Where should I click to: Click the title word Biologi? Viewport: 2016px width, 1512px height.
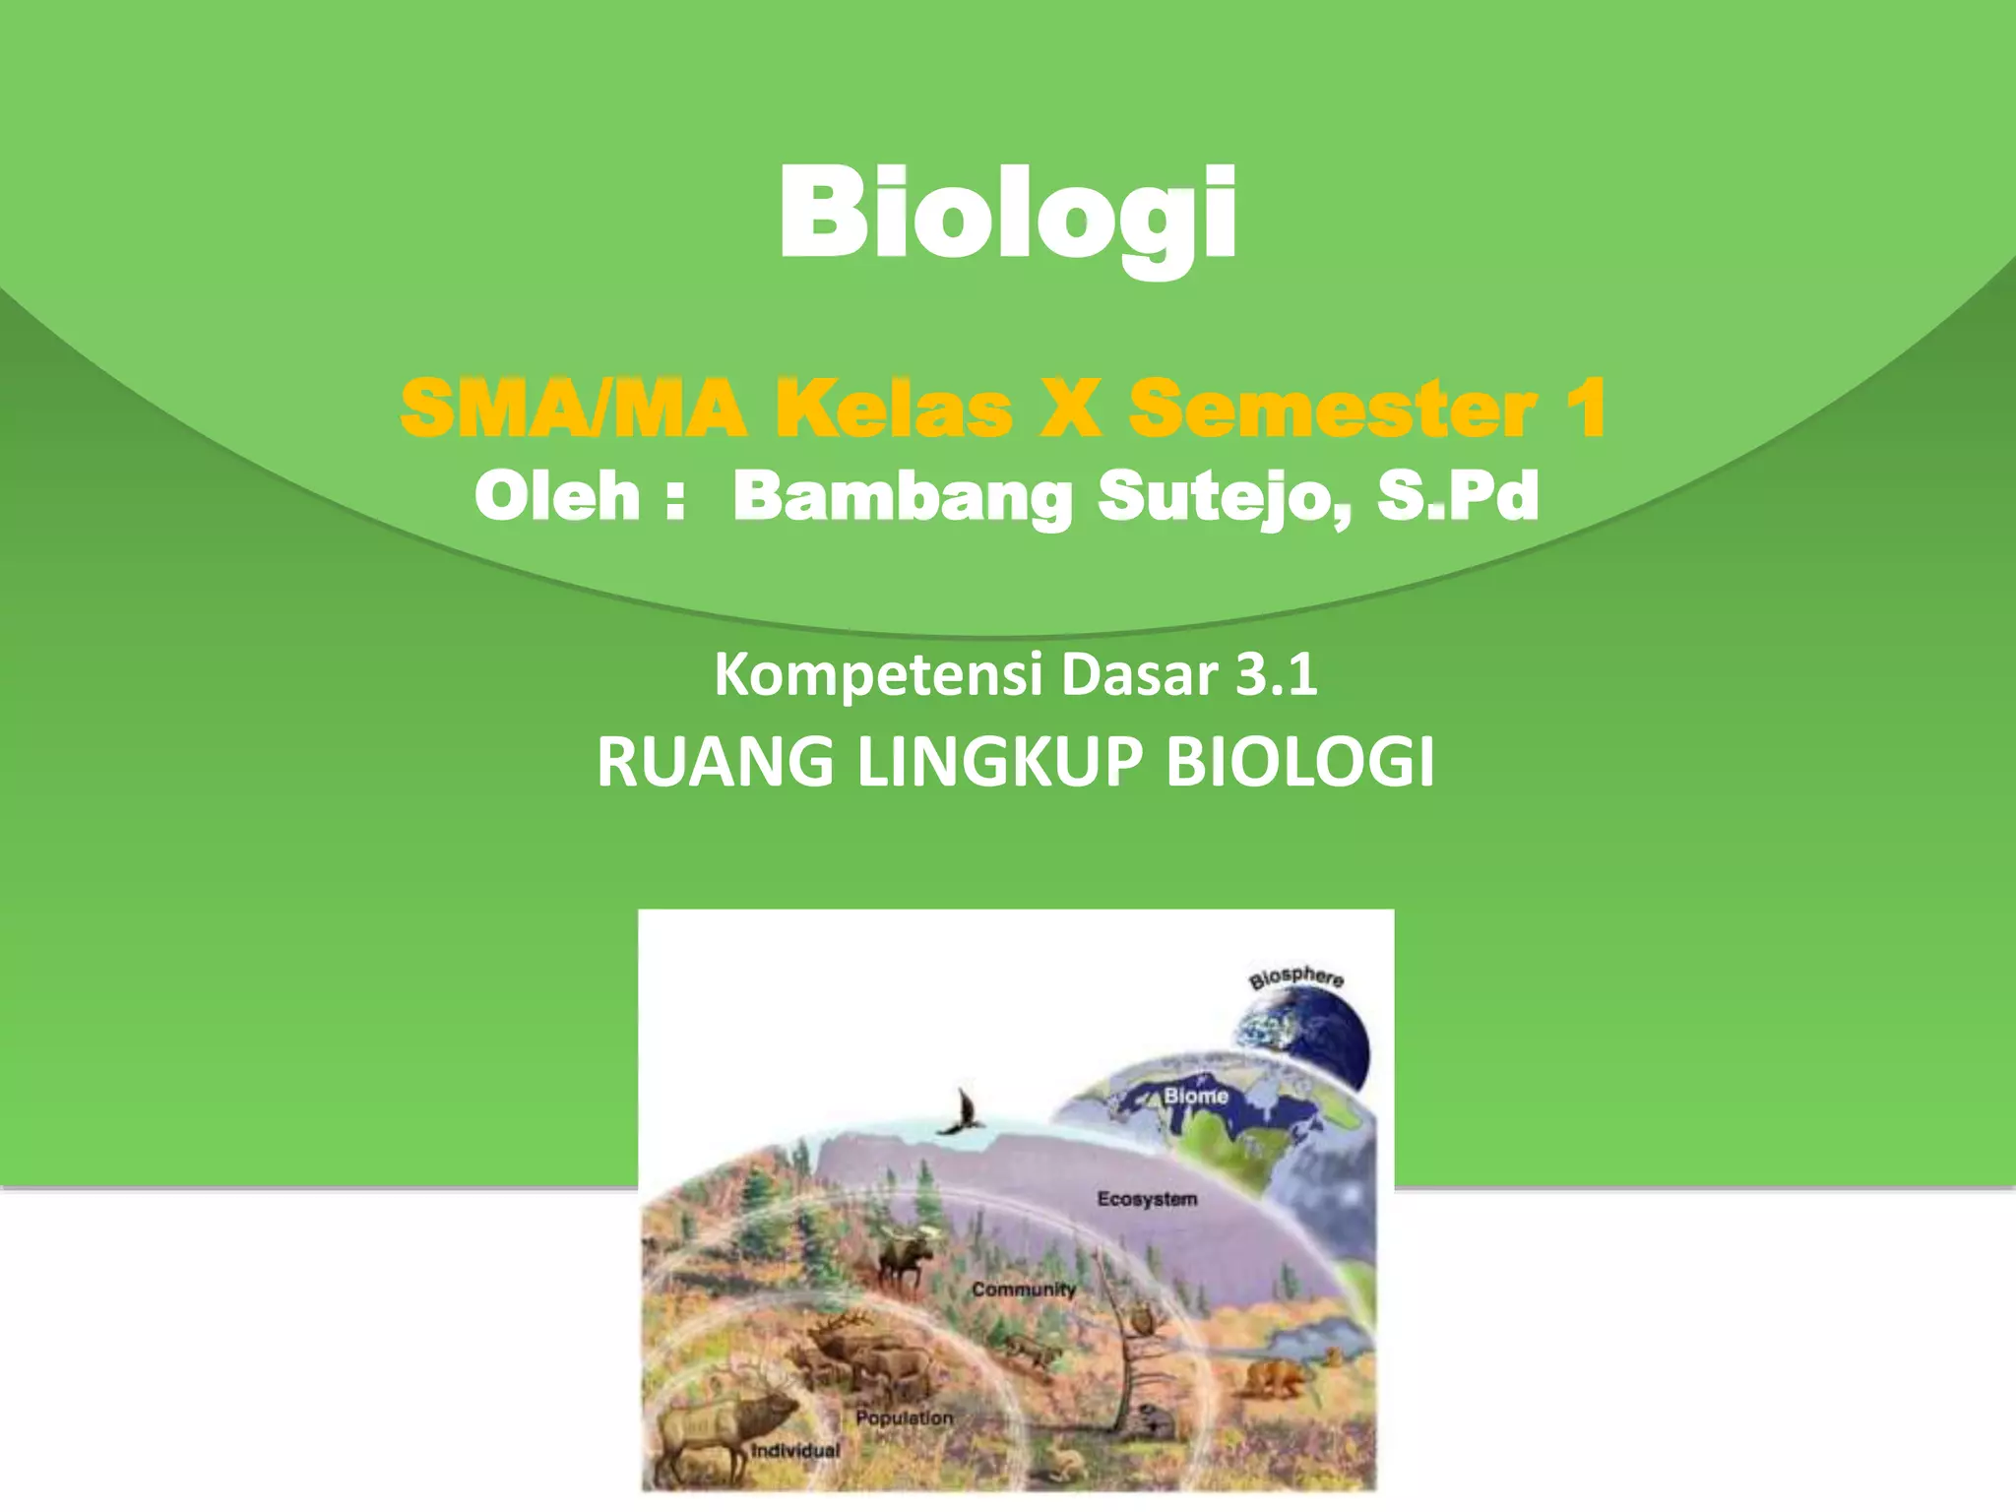click(x=1007, y=214)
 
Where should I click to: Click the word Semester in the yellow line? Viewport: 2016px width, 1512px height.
click(x=1334, y=409)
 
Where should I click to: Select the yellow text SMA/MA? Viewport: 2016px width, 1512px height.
click(x=574, y=409)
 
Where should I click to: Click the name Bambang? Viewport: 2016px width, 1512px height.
click(x=902, y=498)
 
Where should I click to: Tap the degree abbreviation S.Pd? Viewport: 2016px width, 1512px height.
click(x=1458, y=496)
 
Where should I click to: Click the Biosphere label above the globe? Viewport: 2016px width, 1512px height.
click(x=1296, y=977)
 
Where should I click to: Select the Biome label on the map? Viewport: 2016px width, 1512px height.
click(x=1196, y=1096)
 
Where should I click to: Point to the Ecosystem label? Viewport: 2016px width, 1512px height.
click(x=1147, y=1199)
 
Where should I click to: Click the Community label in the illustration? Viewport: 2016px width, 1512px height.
click(x=1024, y=1290)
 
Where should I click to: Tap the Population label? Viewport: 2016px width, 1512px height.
click(x=905, y=1417)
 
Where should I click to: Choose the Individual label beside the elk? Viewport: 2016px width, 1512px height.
click(x=795, y=1450)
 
